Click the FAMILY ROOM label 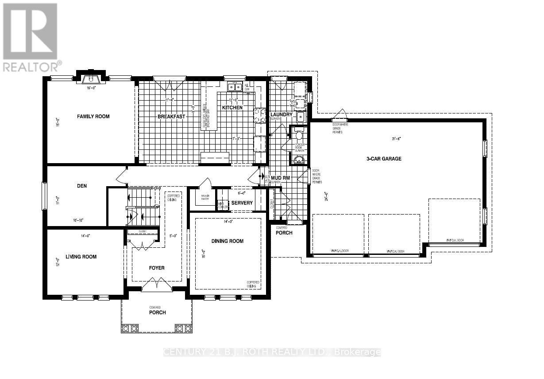coord(93,117)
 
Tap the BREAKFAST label coord(171,117)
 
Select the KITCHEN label coord(232,108)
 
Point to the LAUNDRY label coord(281,114)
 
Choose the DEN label coord(82,186)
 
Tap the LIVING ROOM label coord(81,257)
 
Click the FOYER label coord(157,268)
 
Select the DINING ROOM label coord(228,241)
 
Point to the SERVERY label coord(242,203)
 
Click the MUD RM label coord(281,178)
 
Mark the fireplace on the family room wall coord(91,78)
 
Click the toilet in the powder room coord(299,135)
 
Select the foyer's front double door coord(157,285)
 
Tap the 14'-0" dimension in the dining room coord(228,221)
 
